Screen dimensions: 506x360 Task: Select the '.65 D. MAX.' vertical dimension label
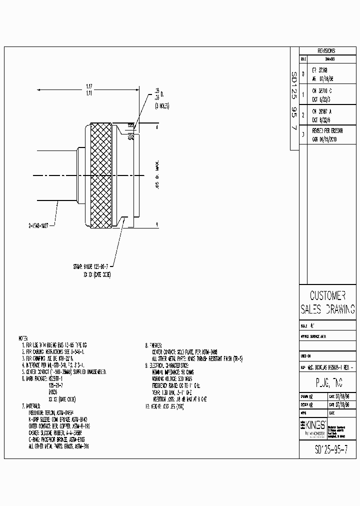[x=157, y=175]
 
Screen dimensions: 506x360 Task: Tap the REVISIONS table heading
[x=326, y=51]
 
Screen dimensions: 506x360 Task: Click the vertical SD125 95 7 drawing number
[x=294, y=100]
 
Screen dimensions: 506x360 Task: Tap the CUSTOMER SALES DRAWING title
[x=327, y=302]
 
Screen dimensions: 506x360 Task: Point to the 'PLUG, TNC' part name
[x=327, y=383]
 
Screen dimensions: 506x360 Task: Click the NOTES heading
[x=24, y=338]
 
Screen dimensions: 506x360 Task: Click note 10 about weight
[x=165, y=407]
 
